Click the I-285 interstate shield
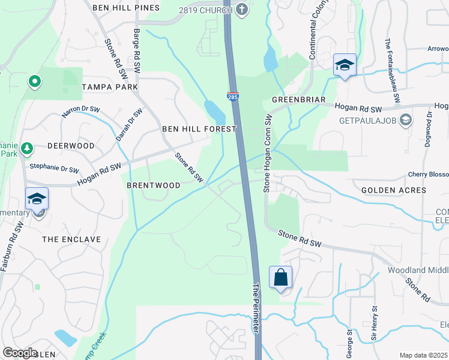tap(232, 95)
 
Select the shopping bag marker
tap(280, 278)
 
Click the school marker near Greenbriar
tap(345, 65)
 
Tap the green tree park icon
tap(26, 148)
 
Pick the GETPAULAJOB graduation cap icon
tap(406, 120)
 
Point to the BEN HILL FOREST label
tap(199, 129)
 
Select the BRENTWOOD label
tap(154, 186)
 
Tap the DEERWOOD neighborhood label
tap(71, 146)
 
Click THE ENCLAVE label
tap(71, 239)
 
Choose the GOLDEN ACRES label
tap(394, 190)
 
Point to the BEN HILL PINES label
tap(126, 8)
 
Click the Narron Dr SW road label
tap(82, 112)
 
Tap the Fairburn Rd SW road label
tap(12, 246)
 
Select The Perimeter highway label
tap(257, 309)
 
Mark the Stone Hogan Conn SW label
tap(268, 155)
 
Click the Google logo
tap(20, 352)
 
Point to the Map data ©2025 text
tap(423, 355)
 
